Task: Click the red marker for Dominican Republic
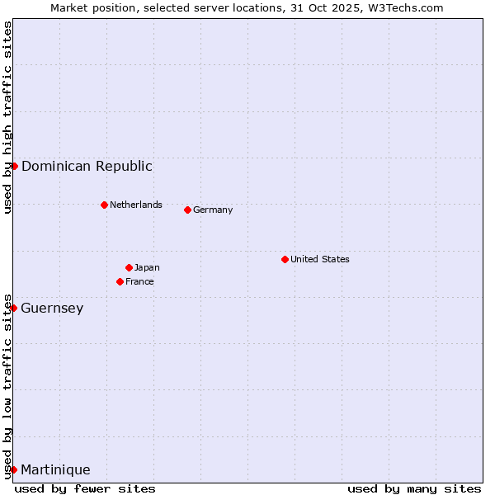pos(14,166)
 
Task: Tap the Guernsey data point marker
pos(13,308)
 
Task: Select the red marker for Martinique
pos(13,469)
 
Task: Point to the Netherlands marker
pos(104,205)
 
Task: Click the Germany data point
pos(187,210)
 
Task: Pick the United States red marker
pos(285,259)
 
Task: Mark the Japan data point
pos(129,267)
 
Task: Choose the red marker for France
pos(120,281)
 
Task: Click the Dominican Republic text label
pos(87,166)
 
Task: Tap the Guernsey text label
pos(52,308)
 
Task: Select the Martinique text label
pos(55,469)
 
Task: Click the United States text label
pos(320,259)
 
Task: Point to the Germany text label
pos(213,210)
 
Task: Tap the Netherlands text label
pos(136,205)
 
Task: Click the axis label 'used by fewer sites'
pos(85,488)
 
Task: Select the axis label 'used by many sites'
pos(414,488)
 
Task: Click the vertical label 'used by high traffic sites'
pos(7,117)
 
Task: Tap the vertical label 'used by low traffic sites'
pos(7,386)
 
